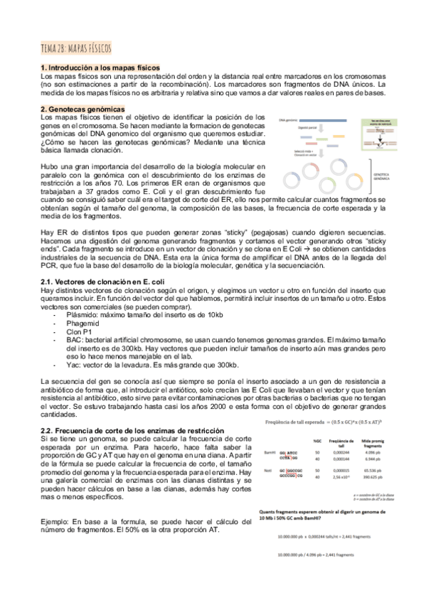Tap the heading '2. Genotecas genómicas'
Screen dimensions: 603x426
point(82,110)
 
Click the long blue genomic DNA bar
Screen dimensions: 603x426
point(324,120)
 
